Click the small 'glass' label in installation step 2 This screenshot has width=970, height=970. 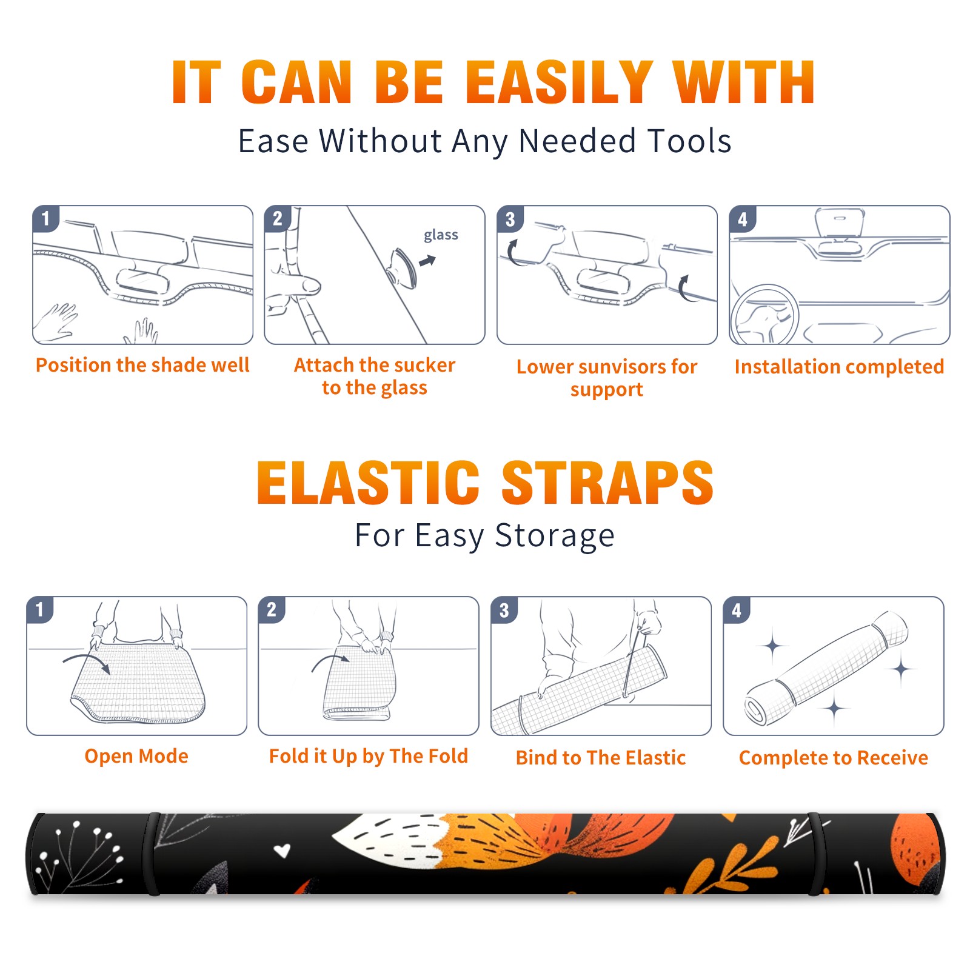(441, 235)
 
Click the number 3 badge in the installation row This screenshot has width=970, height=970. (510, 219)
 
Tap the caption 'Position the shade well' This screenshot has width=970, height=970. (142, 365)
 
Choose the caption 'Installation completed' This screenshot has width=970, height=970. (839, 366)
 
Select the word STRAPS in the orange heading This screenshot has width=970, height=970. (607, 483)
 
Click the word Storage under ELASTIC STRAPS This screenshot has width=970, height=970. (555, 536)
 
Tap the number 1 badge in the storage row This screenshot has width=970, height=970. (40, 609)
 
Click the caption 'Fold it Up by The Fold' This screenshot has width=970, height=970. (369, 756)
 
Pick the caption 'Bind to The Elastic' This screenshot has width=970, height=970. (601, 758)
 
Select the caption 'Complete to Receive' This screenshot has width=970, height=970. (834, 758)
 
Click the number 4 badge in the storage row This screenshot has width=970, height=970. (737, 610)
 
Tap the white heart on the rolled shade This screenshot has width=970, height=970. (282, 851)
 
